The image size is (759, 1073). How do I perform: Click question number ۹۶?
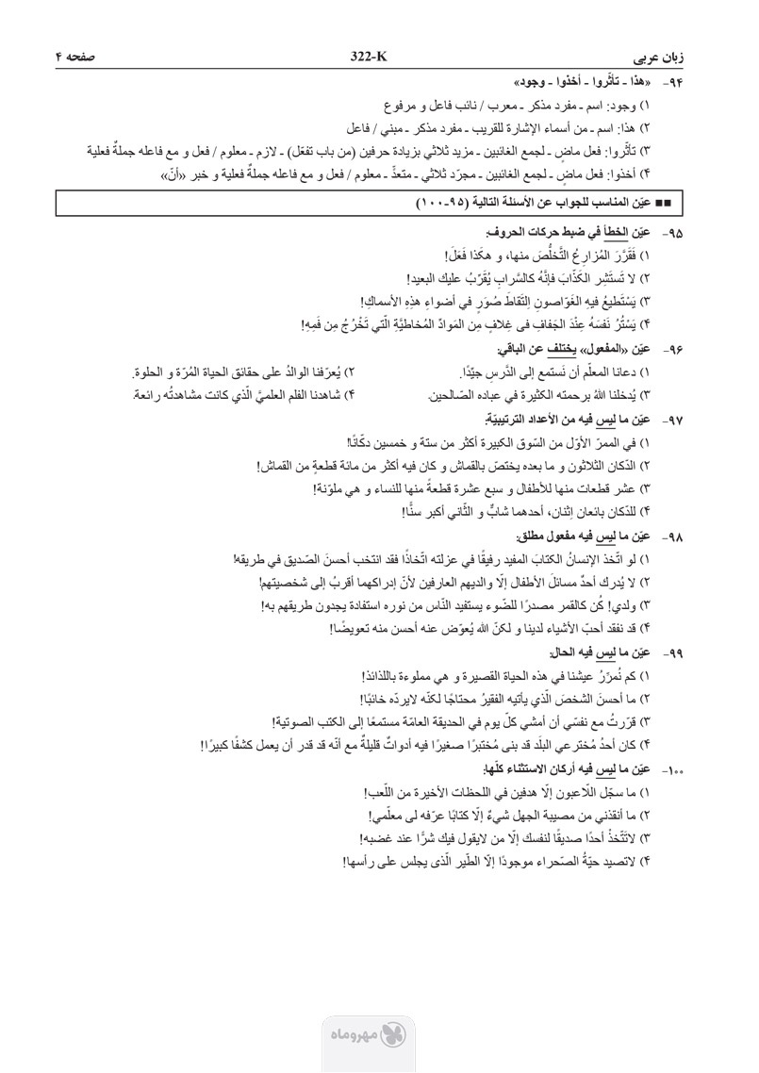point(723,347)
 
